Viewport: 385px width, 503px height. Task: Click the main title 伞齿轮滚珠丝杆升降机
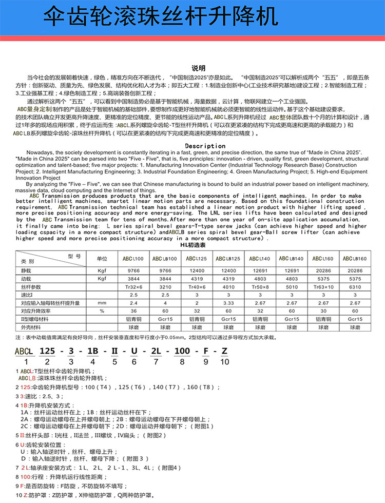160,16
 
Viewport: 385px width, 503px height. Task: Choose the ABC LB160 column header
354,258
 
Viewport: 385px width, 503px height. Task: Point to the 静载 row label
27,269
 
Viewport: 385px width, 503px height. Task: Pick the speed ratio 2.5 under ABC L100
134,294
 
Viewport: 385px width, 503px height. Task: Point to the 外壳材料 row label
30,327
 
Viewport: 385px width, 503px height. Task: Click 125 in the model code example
47,351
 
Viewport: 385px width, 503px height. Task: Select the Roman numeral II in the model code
114,351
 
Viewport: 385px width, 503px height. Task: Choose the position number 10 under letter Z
224,362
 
